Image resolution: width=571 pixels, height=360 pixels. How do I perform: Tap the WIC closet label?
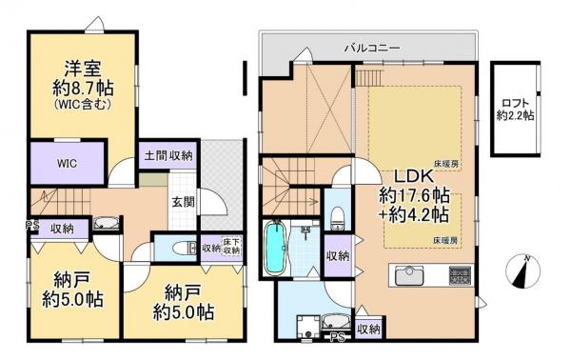[x=66, y=162]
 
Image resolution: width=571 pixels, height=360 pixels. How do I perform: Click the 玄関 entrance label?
[x=184, y=201]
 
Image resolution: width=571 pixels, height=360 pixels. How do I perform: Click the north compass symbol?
[x=521, y=274]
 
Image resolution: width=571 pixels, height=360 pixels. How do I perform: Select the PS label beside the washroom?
[x=336, y=334]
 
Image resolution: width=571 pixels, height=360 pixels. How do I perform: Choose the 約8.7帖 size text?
[x=84, y=88]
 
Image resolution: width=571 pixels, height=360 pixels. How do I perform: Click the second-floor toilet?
[x=334, y=218]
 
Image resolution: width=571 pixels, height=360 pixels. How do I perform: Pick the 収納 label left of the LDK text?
[x=335, y=255]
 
